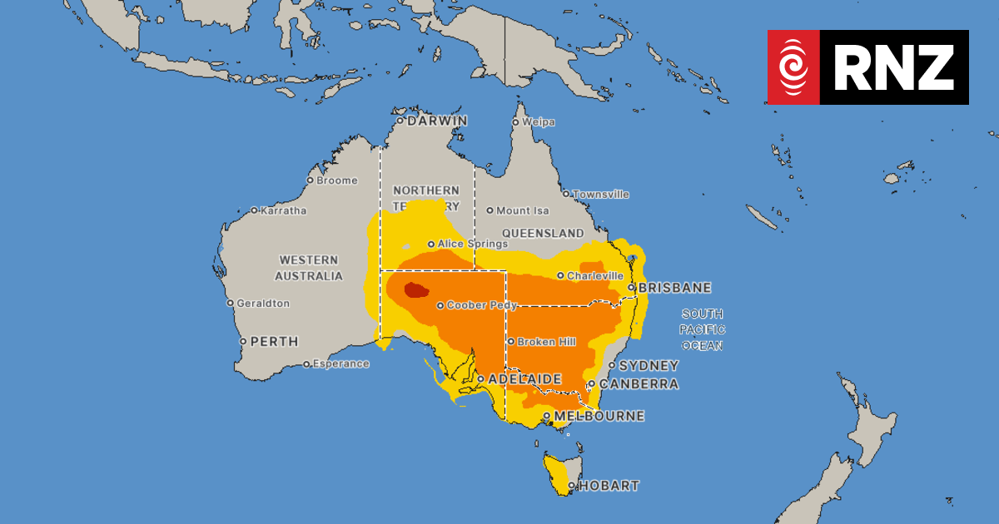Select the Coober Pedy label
pos(482,305)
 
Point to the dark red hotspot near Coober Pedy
pos(415,290)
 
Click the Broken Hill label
pos(547,342)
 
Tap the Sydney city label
pos(649,366)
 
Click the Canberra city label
pos(639,384)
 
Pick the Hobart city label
pos(609,486)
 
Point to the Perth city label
pos(275,341)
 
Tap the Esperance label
pos(341,363)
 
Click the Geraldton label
pos(263,304)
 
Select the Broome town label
pos(337,180)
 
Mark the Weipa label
pos(539,122)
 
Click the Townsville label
pos(601,195)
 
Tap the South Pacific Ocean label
pos(702,329)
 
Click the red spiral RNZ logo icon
pos(793,67)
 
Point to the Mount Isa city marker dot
pos(490,210)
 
